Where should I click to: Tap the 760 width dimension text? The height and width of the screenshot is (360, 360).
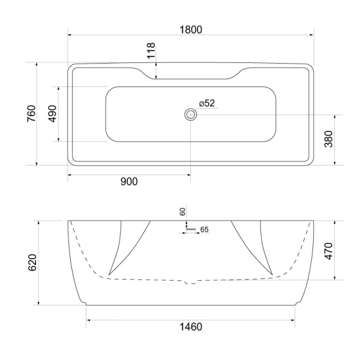click(x=31, y=113)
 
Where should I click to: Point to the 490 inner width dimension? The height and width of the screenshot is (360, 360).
click(x=53, y=113)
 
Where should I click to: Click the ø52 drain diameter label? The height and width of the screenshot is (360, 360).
click(x=207, y=103)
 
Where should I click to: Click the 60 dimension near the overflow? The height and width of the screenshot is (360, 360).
click(x=183, y=212)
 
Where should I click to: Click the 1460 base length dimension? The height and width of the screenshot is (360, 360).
click(x=190, y=327)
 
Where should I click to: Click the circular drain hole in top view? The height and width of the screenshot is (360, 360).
click(x=191, y=115)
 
